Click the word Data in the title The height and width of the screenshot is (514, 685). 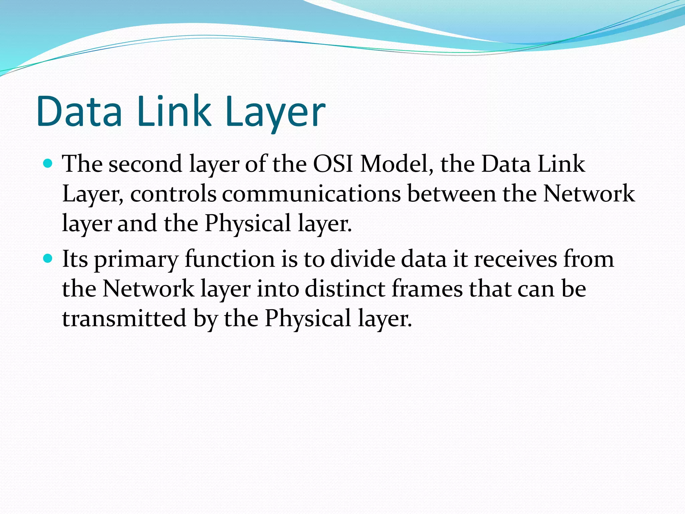coord(80,111)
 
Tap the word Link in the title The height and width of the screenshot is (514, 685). coord(174,111)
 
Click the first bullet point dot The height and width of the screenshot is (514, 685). coord(48,163)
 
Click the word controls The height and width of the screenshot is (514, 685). coord(173,194)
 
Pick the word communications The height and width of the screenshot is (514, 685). coord(311,194)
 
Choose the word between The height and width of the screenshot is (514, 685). coord(452,194)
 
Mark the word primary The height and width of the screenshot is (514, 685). coord(136,260)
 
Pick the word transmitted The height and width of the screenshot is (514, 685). coord(124,318)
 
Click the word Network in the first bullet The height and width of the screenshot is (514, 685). coord(589,194)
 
